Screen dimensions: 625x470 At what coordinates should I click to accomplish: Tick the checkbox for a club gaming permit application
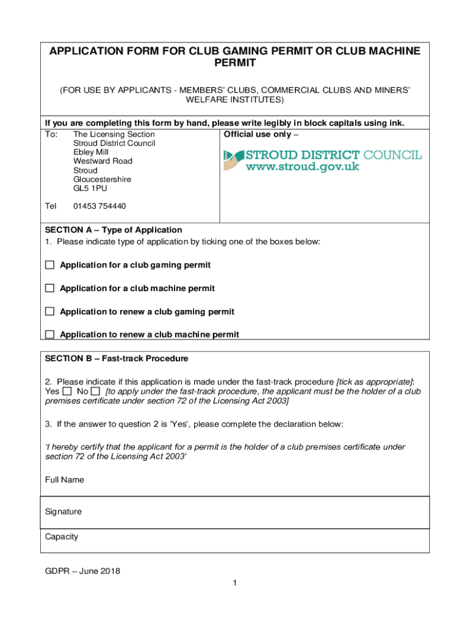pyautogui.click(x=49, y=265)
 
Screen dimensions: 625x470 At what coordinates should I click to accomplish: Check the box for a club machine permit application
pyautogui.click(x=49, y=288)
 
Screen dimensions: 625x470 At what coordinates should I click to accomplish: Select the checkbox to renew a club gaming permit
pyautogui.click(x=49, y=311)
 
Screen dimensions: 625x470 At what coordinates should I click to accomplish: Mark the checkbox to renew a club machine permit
pyautogui.click(x=49, y=334)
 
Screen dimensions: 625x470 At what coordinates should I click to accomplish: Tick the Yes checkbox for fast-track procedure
pyautogui.click(x=67, y=391)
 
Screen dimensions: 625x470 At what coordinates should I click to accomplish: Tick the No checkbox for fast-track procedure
pyautogui.click(x=95, y=391)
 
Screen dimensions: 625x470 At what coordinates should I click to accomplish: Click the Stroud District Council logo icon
pyautogui.click(x=231, y=161)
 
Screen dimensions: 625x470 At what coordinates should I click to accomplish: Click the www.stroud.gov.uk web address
pyautogui.click(x=303, y=167)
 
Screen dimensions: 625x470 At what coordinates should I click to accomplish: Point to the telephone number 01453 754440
pyautogui.click(x=99, y=206)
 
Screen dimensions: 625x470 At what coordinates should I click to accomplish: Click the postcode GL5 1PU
pyautogui.click(x=90, y=189)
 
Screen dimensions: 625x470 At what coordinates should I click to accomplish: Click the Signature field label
pyautogui.click(x=63, y=511)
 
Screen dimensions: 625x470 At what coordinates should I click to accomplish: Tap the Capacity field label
pyautogui.click(x=62, y=537)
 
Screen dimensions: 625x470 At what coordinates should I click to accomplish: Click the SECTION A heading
pyautogui.click(x=114, y=230)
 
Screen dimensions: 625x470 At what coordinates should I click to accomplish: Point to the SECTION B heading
pyautogui.click(x=117, y=358)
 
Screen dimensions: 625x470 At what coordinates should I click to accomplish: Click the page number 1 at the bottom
pyautogui.click(x=234, y=583)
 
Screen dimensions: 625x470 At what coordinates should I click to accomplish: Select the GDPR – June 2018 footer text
pyautogui.click(x=82, y=571)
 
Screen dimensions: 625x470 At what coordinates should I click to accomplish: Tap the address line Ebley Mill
pyautogui.click(x=92, y=152)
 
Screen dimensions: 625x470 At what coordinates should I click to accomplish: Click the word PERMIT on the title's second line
pyautogui.click(x=234, y=63)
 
